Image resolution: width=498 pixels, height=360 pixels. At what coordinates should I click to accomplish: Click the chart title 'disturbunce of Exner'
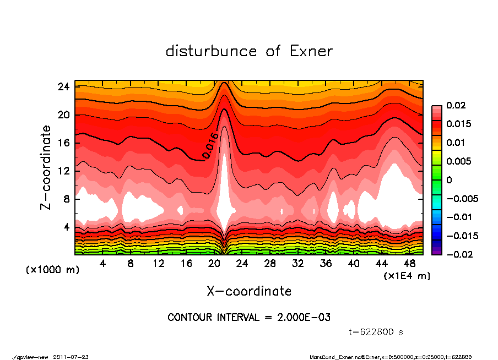tap(249, 52)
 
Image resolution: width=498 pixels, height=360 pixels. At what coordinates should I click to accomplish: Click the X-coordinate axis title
tap(249, 291)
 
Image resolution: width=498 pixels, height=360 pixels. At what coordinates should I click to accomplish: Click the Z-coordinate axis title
tap(46, 167)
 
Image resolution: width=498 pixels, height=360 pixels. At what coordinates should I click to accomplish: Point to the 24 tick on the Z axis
tap(64, 87)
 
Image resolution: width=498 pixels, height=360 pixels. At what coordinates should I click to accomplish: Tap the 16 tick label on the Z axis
tap(64, 143)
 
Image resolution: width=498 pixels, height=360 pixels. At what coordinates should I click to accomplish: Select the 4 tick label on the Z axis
tap(67, 227)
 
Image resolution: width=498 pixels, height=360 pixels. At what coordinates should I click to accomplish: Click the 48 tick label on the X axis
tap(409, 264)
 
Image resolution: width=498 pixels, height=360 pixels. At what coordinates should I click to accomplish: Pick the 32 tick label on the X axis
tap(298, 264)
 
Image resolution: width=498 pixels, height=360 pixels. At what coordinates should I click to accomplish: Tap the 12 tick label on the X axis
tap(159, 264)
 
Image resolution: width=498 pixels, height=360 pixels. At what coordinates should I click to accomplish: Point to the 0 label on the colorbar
tap(450, 180)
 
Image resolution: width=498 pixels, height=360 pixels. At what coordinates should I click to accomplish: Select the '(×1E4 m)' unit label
tap(407, 276)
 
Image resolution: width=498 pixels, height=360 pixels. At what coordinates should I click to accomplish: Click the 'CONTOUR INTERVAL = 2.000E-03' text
tap(249, 318)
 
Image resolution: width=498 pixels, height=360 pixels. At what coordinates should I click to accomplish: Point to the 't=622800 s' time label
tap(376, 332)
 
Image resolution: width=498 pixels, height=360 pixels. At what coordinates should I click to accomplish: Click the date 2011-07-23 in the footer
tap(71, 357)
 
